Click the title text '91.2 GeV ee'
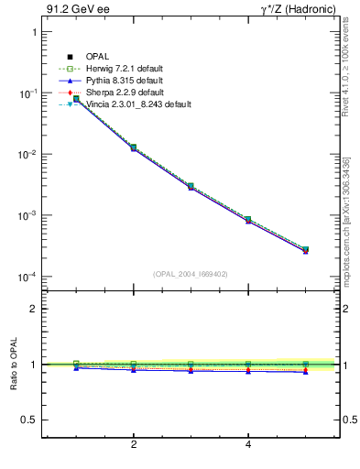pyautogui.click(x=71, y=10)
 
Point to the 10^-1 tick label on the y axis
pyautogui.click(x=27, y=93)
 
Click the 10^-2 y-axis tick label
pyautogui.click(x=27, y=155)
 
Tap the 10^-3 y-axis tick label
pyautogui.click(x=27, y=216)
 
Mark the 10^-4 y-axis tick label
pyautogui.click(x=27, y=278)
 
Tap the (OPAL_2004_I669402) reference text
pyautogui.click(x=191, y=274)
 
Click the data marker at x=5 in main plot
pyautogui.click(x=305, y=249)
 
